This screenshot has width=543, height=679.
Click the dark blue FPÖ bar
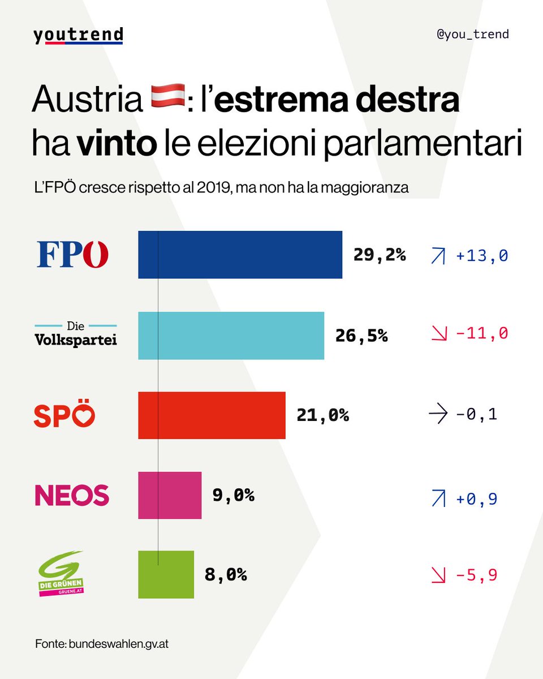coord(240,255)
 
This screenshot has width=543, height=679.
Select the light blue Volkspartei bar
coord(231,336)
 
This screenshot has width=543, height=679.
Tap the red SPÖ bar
coord(212,415)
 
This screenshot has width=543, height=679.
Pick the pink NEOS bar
coord(170,495)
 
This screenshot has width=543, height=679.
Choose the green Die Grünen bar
coord(166,574)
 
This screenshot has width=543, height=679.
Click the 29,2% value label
coord(380,255)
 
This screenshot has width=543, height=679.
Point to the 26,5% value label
coord(361,336)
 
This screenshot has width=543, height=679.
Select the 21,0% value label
coord(323,416)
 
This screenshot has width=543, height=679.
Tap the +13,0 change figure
coord(481,256)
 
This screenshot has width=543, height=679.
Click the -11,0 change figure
coord(481,333)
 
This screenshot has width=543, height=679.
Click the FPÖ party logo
coord(72,254)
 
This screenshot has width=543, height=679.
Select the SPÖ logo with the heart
coord(64,416)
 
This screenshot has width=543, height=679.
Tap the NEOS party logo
coord(72,495)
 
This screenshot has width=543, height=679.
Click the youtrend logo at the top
coord(78,35)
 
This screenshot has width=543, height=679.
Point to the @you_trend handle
coord(473,34)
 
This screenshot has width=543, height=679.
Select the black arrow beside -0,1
coord(438,415)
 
